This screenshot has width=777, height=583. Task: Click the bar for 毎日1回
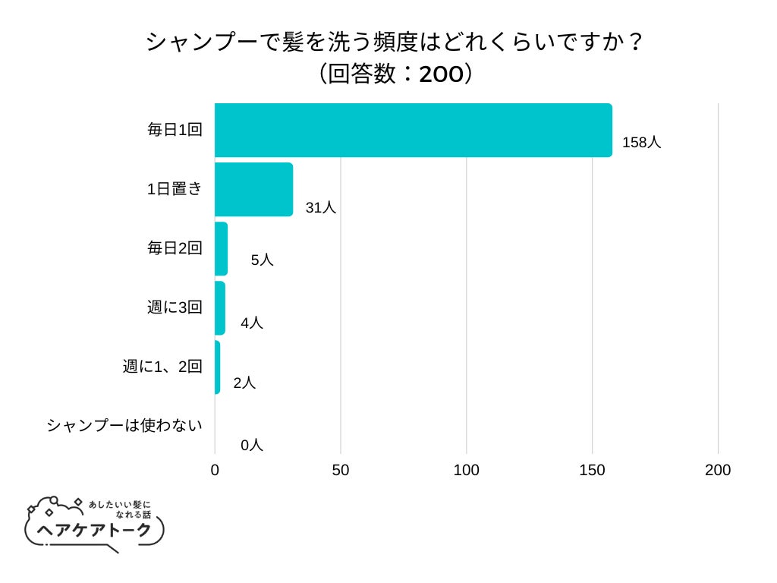pyautogui.click(x=413, y=130)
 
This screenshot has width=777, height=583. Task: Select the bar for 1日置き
pyautogui.click(x=253, y=189)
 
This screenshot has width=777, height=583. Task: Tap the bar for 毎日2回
pyautogui.click(x=221, y=248)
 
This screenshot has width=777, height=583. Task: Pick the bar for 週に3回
pyautogui.click(x=220, y=307)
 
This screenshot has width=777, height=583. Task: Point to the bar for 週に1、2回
pyautogui.click(x=218, y=367)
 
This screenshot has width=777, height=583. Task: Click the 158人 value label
pyautogui.click(x=641, y=142)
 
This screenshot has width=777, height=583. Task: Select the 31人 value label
pyautogui.click(x=320, y=207)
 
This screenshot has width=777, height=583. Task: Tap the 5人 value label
pyautogui.click(x=262, y=260)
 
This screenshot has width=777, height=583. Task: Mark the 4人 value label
pyautogui.click(x=252, y=323)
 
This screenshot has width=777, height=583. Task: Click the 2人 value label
pyautogui.click(x=244, y=383)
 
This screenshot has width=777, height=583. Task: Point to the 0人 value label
pyautogui.click(x=252, y=446)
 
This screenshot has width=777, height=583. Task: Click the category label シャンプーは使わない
pyautogui.click(x=124, y=425)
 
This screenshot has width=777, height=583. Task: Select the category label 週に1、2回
pyautogui.click(x=162, y=367)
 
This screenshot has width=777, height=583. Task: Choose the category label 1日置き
pyautogui.click(x=175, y=189)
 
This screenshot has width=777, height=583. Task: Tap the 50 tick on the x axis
pyautogui.click(x=341, y=471)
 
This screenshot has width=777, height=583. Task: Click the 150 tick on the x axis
pyautogui.click(x=592, y=471)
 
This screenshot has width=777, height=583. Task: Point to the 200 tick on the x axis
pyautogui.click(x=718, y=471)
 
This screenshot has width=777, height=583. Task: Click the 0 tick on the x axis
pyautogui.click(x=215, y=471)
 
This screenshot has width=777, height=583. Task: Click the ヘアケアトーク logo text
pyautogui.click(x=95, y=529)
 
